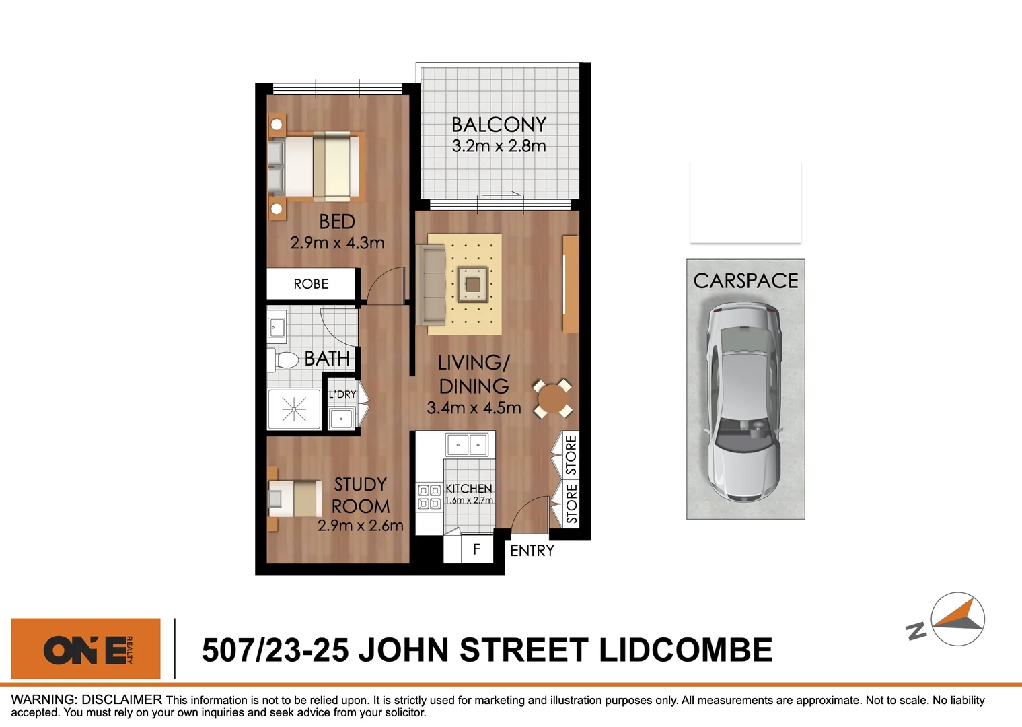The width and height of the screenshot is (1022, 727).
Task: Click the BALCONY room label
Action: coord(499,125)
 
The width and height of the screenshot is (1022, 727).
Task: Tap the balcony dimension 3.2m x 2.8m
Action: coord(499,146)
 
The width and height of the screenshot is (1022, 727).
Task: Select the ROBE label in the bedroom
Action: coord(311,284)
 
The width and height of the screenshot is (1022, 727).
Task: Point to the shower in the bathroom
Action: coord(294,409)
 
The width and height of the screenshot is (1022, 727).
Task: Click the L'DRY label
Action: coord(342,394)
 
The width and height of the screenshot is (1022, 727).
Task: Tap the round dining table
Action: coord(552,399)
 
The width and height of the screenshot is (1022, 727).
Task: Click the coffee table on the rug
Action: coord(473,284)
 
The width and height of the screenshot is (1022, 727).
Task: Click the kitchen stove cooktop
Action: coord(429,497)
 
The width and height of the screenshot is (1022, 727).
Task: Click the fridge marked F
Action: coord(476,549)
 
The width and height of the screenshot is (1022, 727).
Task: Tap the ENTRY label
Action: coord(532,551)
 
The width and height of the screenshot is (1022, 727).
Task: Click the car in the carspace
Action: coord(744,402)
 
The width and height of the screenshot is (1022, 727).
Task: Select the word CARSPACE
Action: coord(745,281)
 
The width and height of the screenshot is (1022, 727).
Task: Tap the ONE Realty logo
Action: coord(86,649)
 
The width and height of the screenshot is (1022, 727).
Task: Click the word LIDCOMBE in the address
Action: coord(686,650)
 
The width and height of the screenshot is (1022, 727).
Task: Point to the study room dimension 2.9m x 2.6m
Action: coord(361,526)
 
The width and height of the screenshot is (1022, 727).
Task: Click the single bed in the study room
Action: coord(295,498)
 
